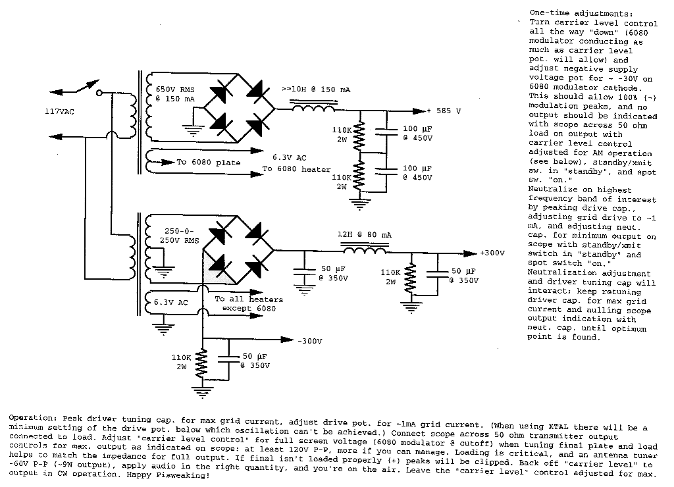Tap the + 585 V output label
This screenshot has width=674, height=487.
pyautogui.click(x=450, y=111)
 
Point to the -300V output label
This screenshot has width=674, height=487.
pyautogui.click(x=309, y=341)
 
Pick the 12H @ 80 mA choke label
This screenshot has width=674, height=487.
pyautogui.click(x=363, y=234)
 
